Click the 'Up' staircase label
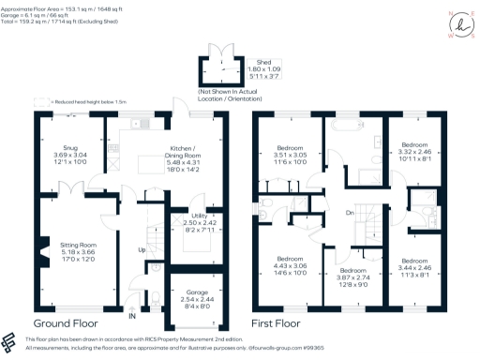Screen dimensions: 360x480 142,250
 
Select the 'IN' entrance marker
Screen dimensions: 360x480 132,316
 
